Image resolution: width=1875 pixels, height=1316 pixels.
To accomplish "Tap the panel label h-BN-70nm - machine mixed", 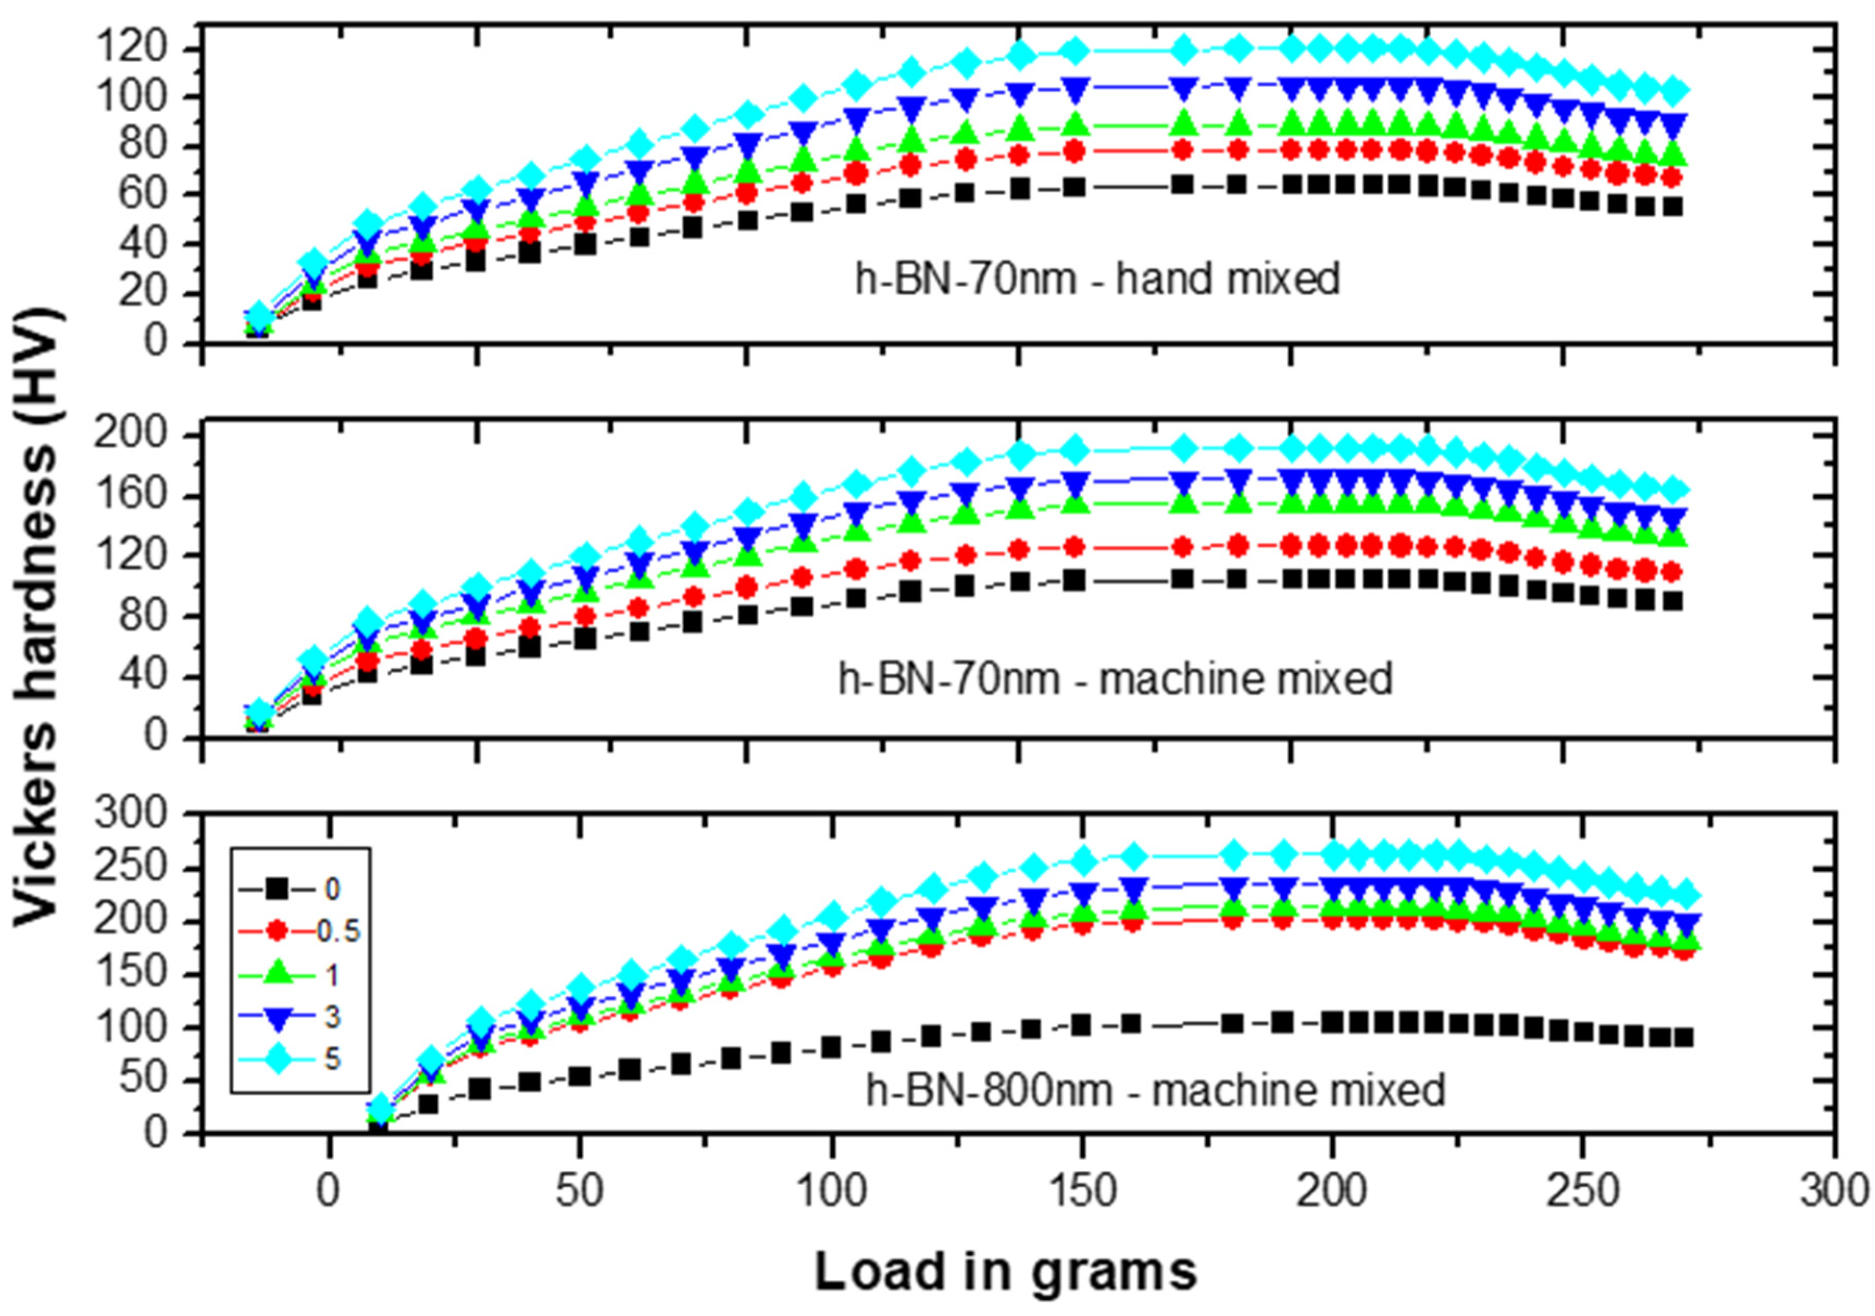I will pyautogui.click(x=1115, y=679).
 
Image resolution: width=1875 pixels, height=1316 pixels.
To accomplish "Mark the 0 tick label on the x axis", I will pyautogui.click(x=328, y=1193).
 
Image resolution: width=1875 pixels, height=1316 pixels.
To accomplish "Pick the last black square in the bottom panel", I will pyautogui.click(x=1683, y=1037).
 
